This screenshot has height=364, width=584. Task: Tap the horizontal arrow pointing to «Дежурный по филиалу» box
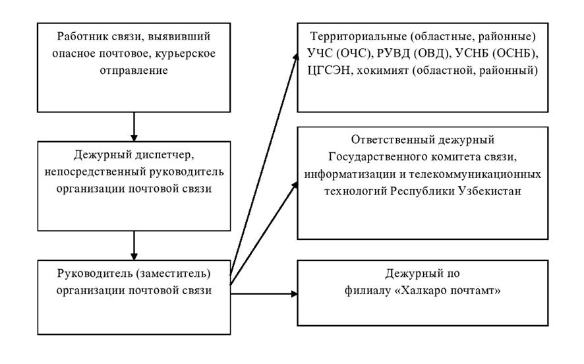pyautogui.click(x=264, y=293)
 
